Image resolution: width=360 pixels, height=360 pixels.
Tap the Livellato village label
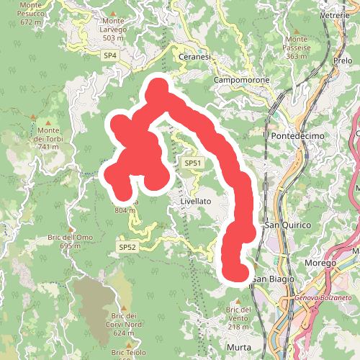point(195,202)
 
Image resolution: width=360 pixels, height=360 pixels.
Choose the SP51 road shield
point(192,163)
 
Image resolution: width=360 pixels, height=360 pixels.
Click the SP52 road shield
point(127,247)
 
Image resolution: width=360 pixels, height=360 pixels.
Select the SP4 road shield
point(109,55)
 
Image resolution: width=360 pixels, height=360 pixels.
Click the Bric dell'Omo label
point(71,238)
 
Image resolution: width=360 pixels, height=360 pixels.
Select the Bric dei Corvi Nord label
point(124,320)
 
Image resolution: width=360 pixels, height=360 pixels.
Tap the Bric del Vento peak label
point(238,314)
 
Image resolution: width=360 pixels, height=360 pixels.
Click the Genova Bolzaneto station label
point(323,297)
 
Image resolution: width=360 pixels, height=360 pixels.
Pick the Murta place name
point(238,347)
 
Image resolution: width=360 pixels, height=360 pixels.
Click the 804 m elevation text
point(125,211)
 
